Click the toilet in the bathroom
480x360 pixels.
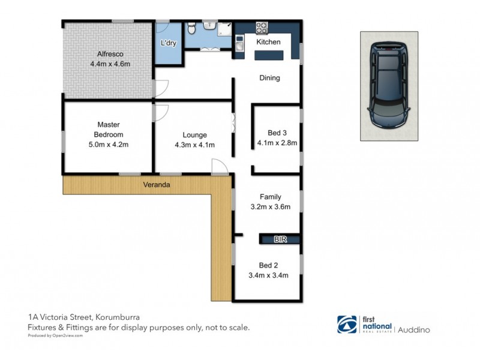(x=191, y=28)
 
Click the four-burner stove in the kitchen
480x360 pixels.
(x=262, y=27)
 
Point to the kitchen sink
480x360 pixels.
(x=239, y=43)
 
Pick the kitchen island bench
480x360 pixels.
(x=270, y=55)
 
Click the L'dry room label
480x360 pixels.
(x=169, y=43)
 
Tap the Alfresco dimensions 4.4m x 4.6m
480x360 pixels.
(x=110, y=64)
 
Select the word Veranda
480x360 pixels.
(x=156, y=185)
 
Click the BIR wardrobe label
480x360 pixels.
(x=280, y=239)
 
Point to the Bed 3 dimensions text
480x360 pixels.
(x=277, y=143)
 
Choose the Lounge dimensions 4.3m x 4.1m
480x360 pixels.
(x=194, y=145)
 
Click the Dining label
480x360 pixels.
(x=269, y=78)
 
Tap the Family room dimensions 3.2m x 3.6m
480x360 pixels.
(x=270, y=208)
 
